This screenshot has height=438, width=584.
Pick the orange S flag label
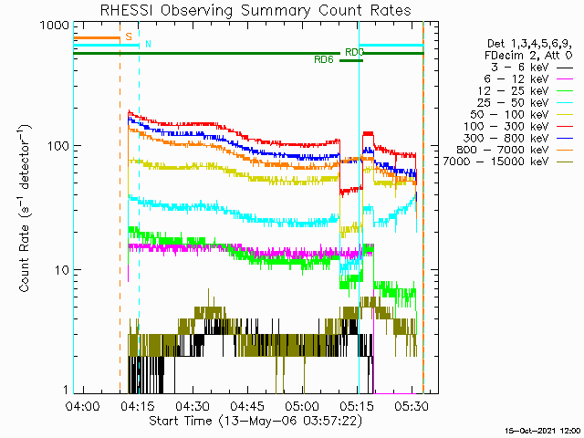coord(129,36)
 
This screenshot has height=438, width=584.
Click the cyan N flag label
coord(148,44)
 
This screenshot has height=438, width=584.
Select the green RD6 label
coord(323,60)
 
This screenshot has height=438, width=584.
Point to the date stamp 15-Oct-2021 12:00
coord(545,430)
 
